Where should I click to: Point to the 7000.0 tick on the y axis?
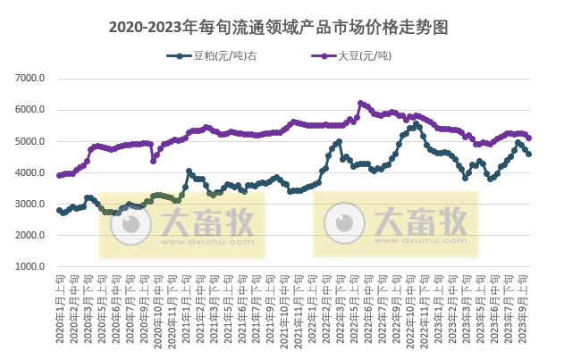pos(30,79)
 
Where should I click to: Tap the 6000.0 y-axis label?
pos(30,110)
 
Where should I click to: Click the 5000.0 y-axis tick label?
pos(30,141)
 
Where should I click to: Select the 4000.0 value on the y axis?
pos(30,172)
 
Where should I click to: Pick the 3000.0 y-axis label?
pos(30,204)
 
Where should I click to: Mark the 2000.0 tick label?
pos(30,235)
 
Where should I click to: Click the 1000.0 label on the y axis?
pos(30,266)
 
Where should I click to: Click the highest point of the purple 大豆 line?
pos(360,103)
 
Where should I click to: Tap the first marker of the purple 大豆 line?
pos(59,175)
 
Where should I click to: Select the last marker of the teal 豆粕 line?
pos(529,154)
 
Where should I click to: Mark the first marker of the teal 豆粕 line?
pos(59,210)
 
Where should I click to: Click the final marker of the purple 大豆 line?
pos(529,138)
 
